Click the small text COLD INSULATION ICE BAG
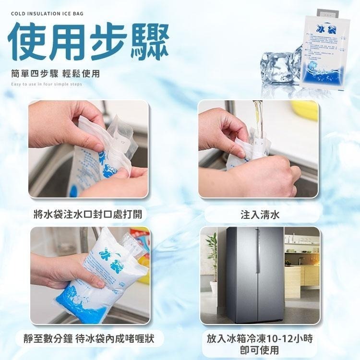click(x=47, y=13)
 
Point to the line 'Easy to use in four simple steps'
click(x=46, y=84)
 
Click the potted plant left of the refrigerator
click(x=212, y=262)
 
